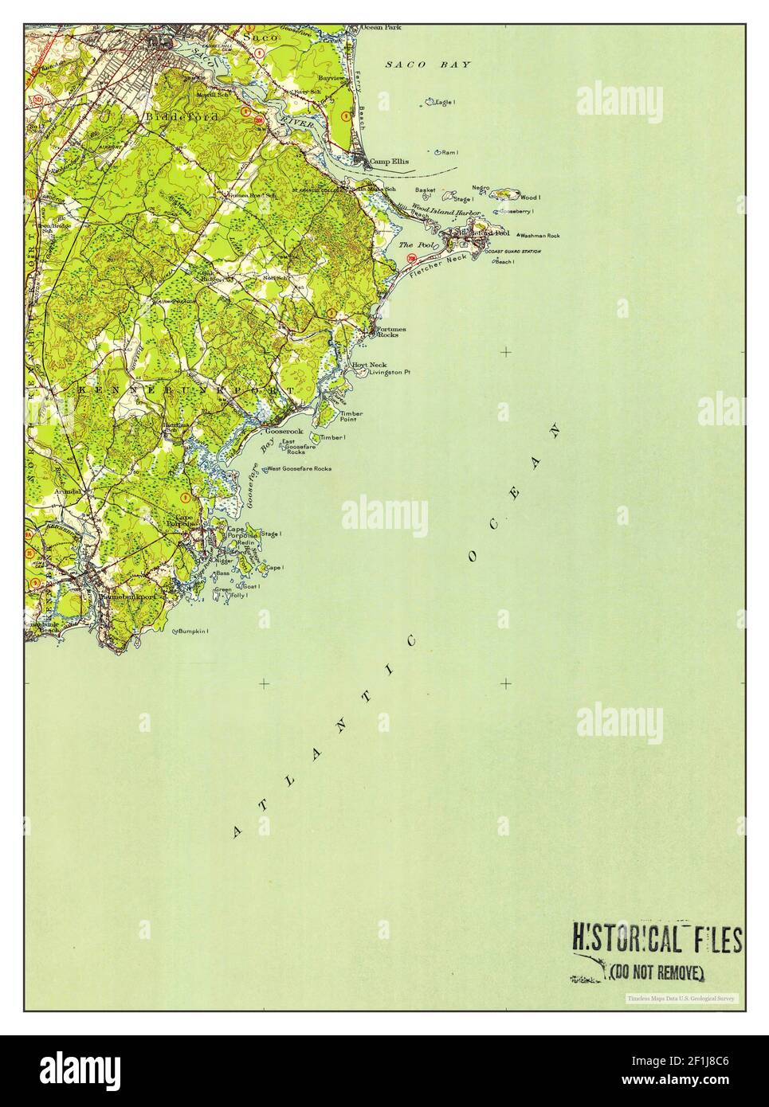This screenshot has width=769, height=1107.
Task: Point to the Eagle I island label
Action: coord(444,102)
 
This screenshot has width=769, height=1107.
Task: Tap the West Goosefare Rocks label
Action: coord(300,468)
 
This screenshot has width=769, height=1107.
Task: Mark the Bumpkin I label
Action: coord(193,632)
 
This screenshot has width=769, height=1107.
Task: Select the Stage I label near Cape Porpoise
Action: coord(271,534)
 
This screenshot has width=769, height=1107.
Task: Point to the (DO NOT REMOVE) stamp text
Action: coord(657,972)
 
